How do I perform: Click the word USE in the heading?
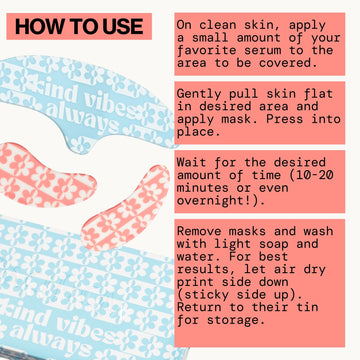coord(123,27)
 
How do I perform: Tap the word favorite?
coord(207,51)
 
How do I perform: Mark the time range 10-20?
coord(314,175)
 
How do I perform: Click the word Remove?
coord(199,231)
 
